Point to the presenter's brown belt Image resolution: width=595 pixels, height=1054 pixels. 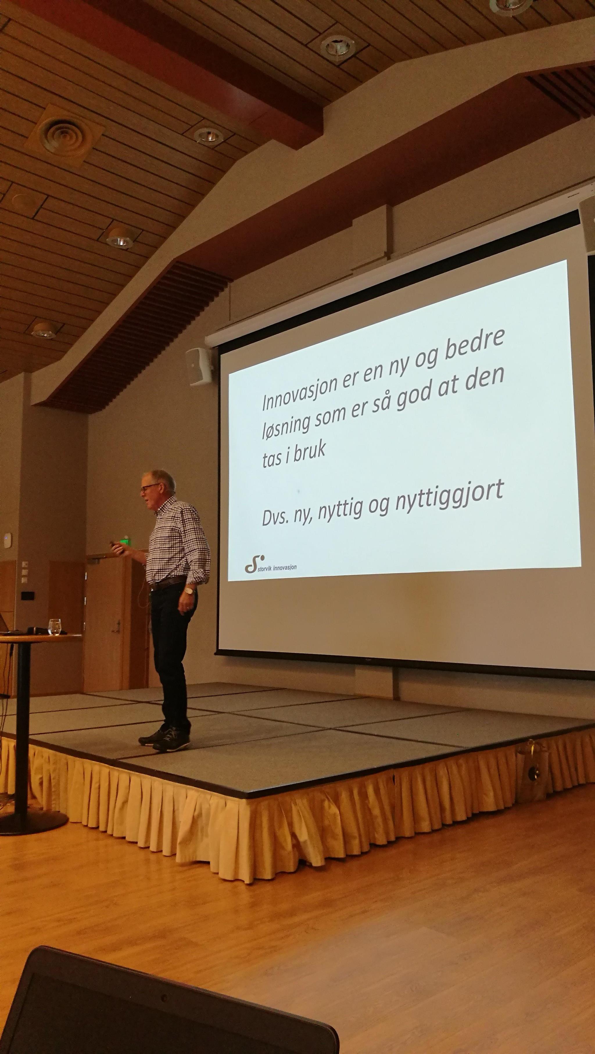tap(168, 583)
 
